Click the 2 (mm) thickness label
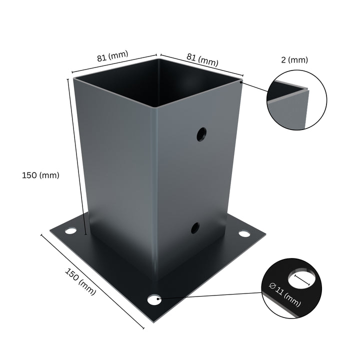(x=294, y=60)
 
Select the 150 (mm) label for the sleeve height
(x=40, y=175)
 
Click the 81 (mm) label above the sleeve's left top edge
(x=112, y=56)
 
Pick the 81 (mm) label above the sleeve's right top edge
(x=202, y=59)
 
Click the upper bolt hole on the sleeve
(x=201, y=134)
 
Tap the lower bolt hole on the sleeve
(x=195, y=228)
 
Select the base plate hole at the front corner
(x=154, y=299)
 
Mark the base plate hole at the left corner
(x=71, y=231)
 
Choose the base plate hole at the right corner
(x=244, y=233)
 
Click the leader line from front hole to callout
(x=210, y=296)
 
